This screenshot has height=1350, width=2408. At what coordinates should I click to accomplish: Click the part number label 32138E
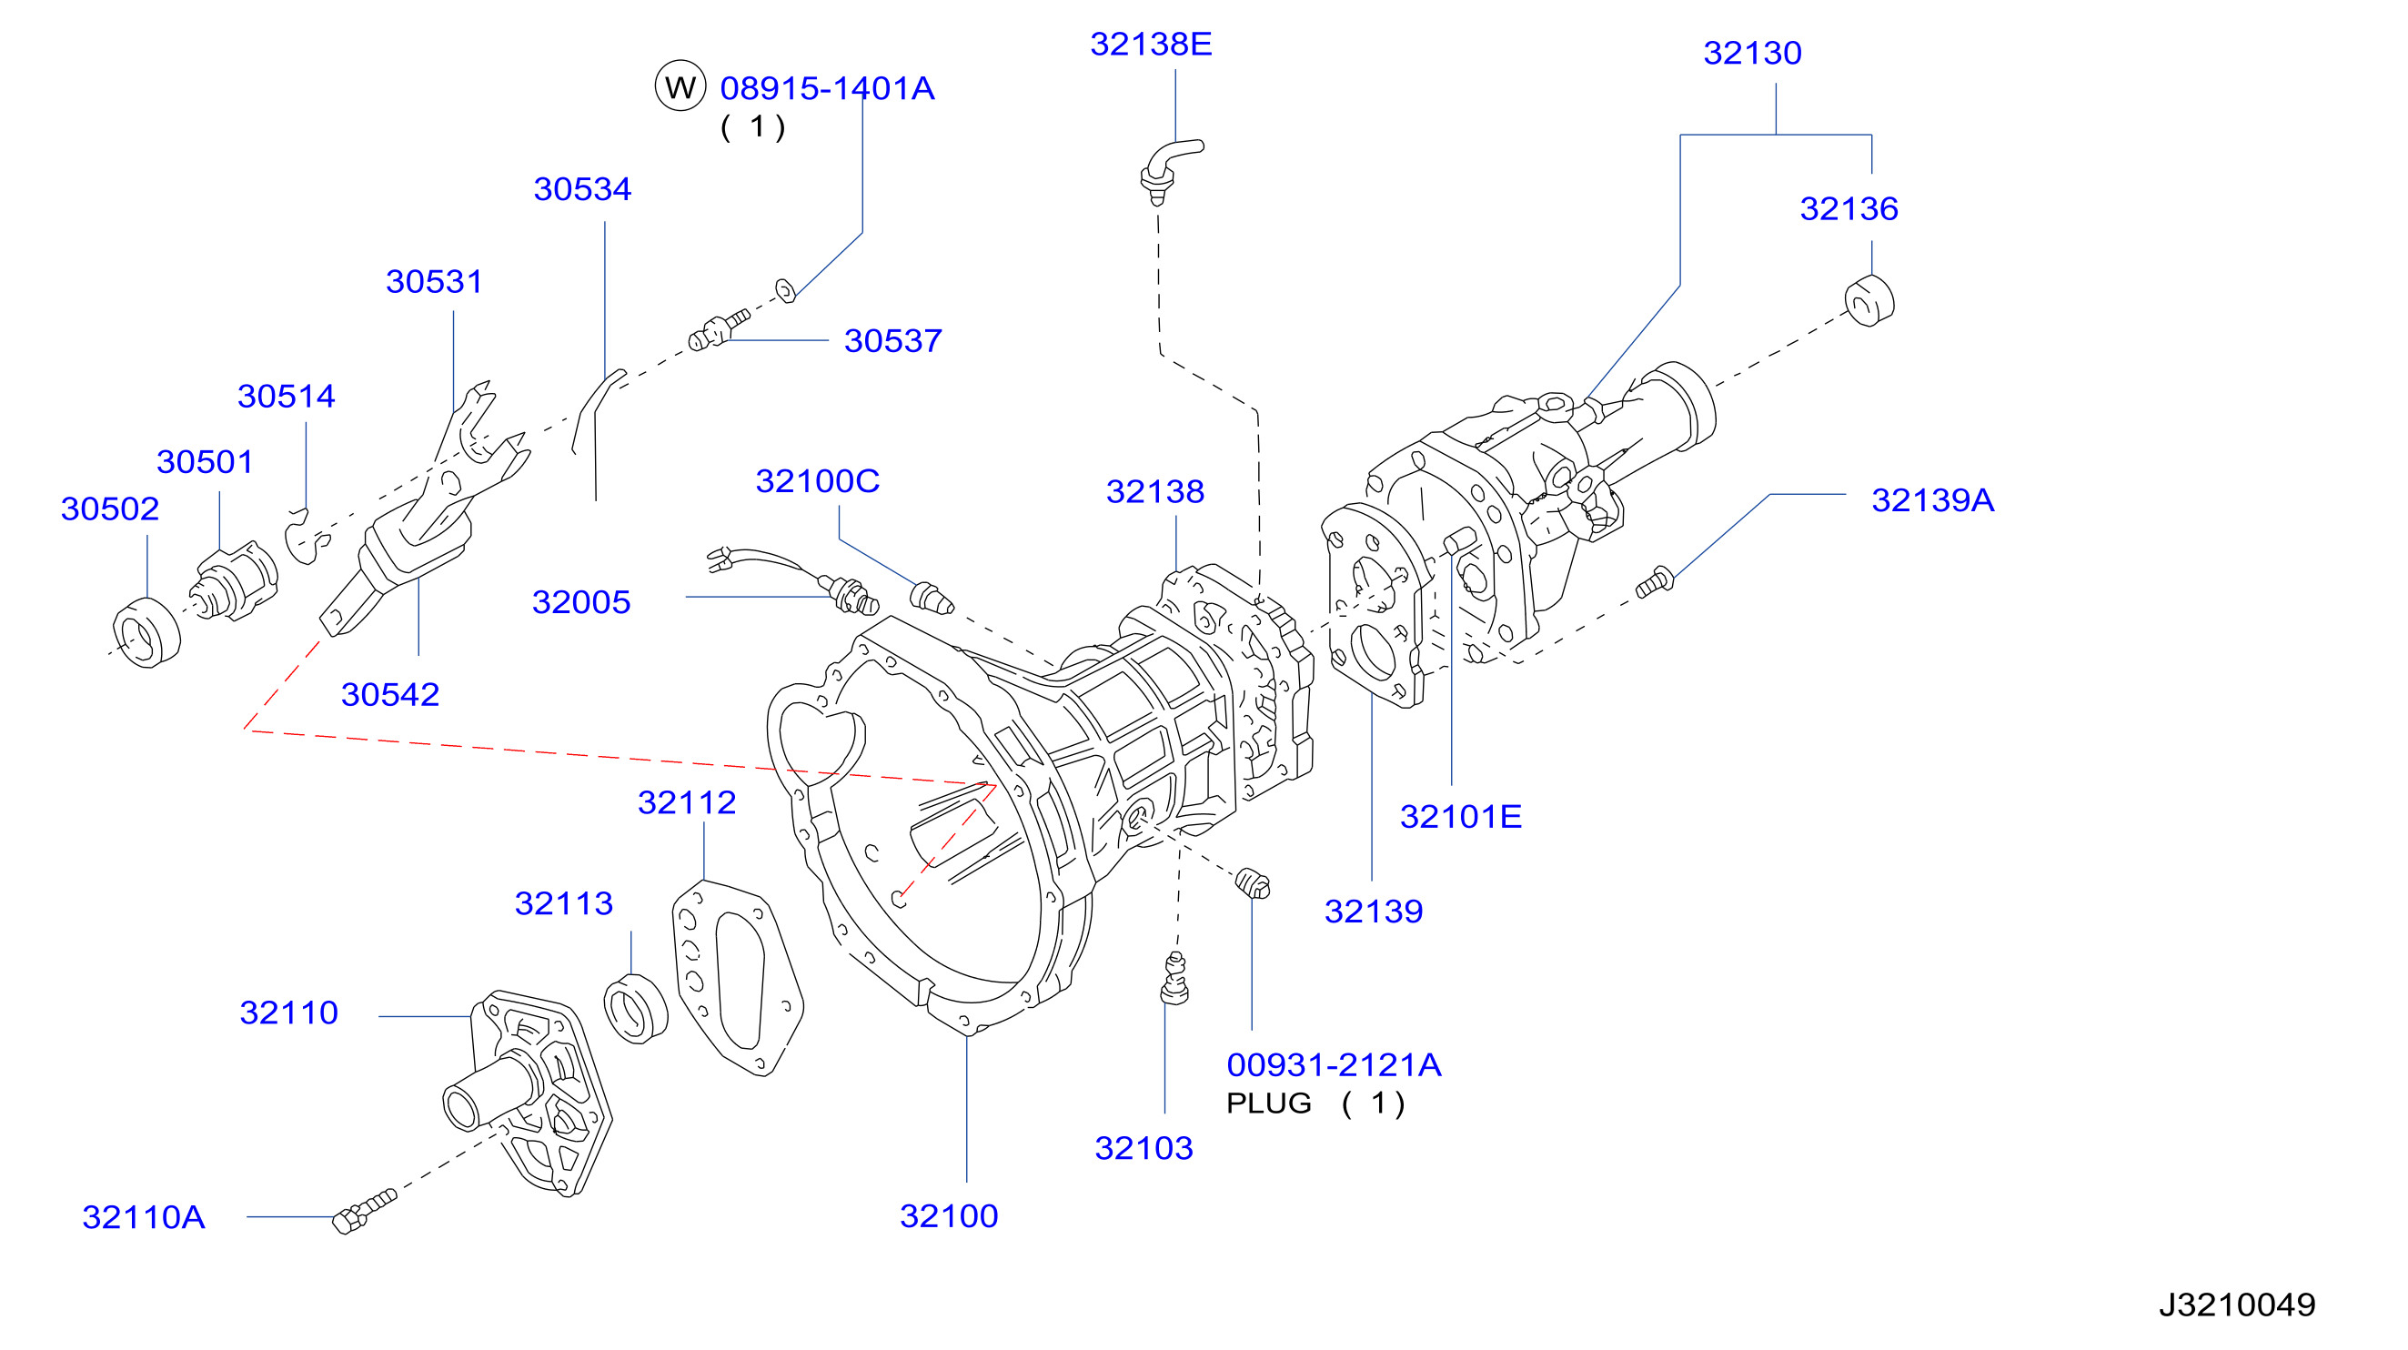point(1151,44)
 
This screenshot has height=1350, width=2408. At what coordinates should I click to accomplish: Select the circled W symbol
point(680,87)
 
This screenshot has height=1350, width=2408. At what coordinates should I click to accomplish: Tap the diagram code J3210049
point(2236,1305)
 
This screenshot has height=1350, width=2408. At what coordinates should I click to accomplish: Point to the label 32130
point(1752,54)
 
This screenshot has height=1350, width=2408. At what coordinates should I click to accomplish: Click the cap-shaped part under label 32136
point(1869,301)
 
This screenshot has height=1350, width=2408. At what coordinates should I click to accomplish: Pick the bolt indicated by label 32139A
point(1655,582)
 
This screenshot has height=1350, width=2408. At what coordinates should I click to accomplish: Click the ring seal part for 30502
point(146,633)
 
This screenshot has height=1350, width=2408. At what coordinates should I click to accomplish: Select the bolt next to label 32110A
point(364,1212)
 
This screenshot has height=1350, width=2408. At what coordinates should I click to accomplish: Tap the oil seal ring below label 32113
point(636,1009)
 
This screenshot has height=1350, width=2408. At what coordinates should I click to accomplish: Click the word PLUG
point(1268,1104)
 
